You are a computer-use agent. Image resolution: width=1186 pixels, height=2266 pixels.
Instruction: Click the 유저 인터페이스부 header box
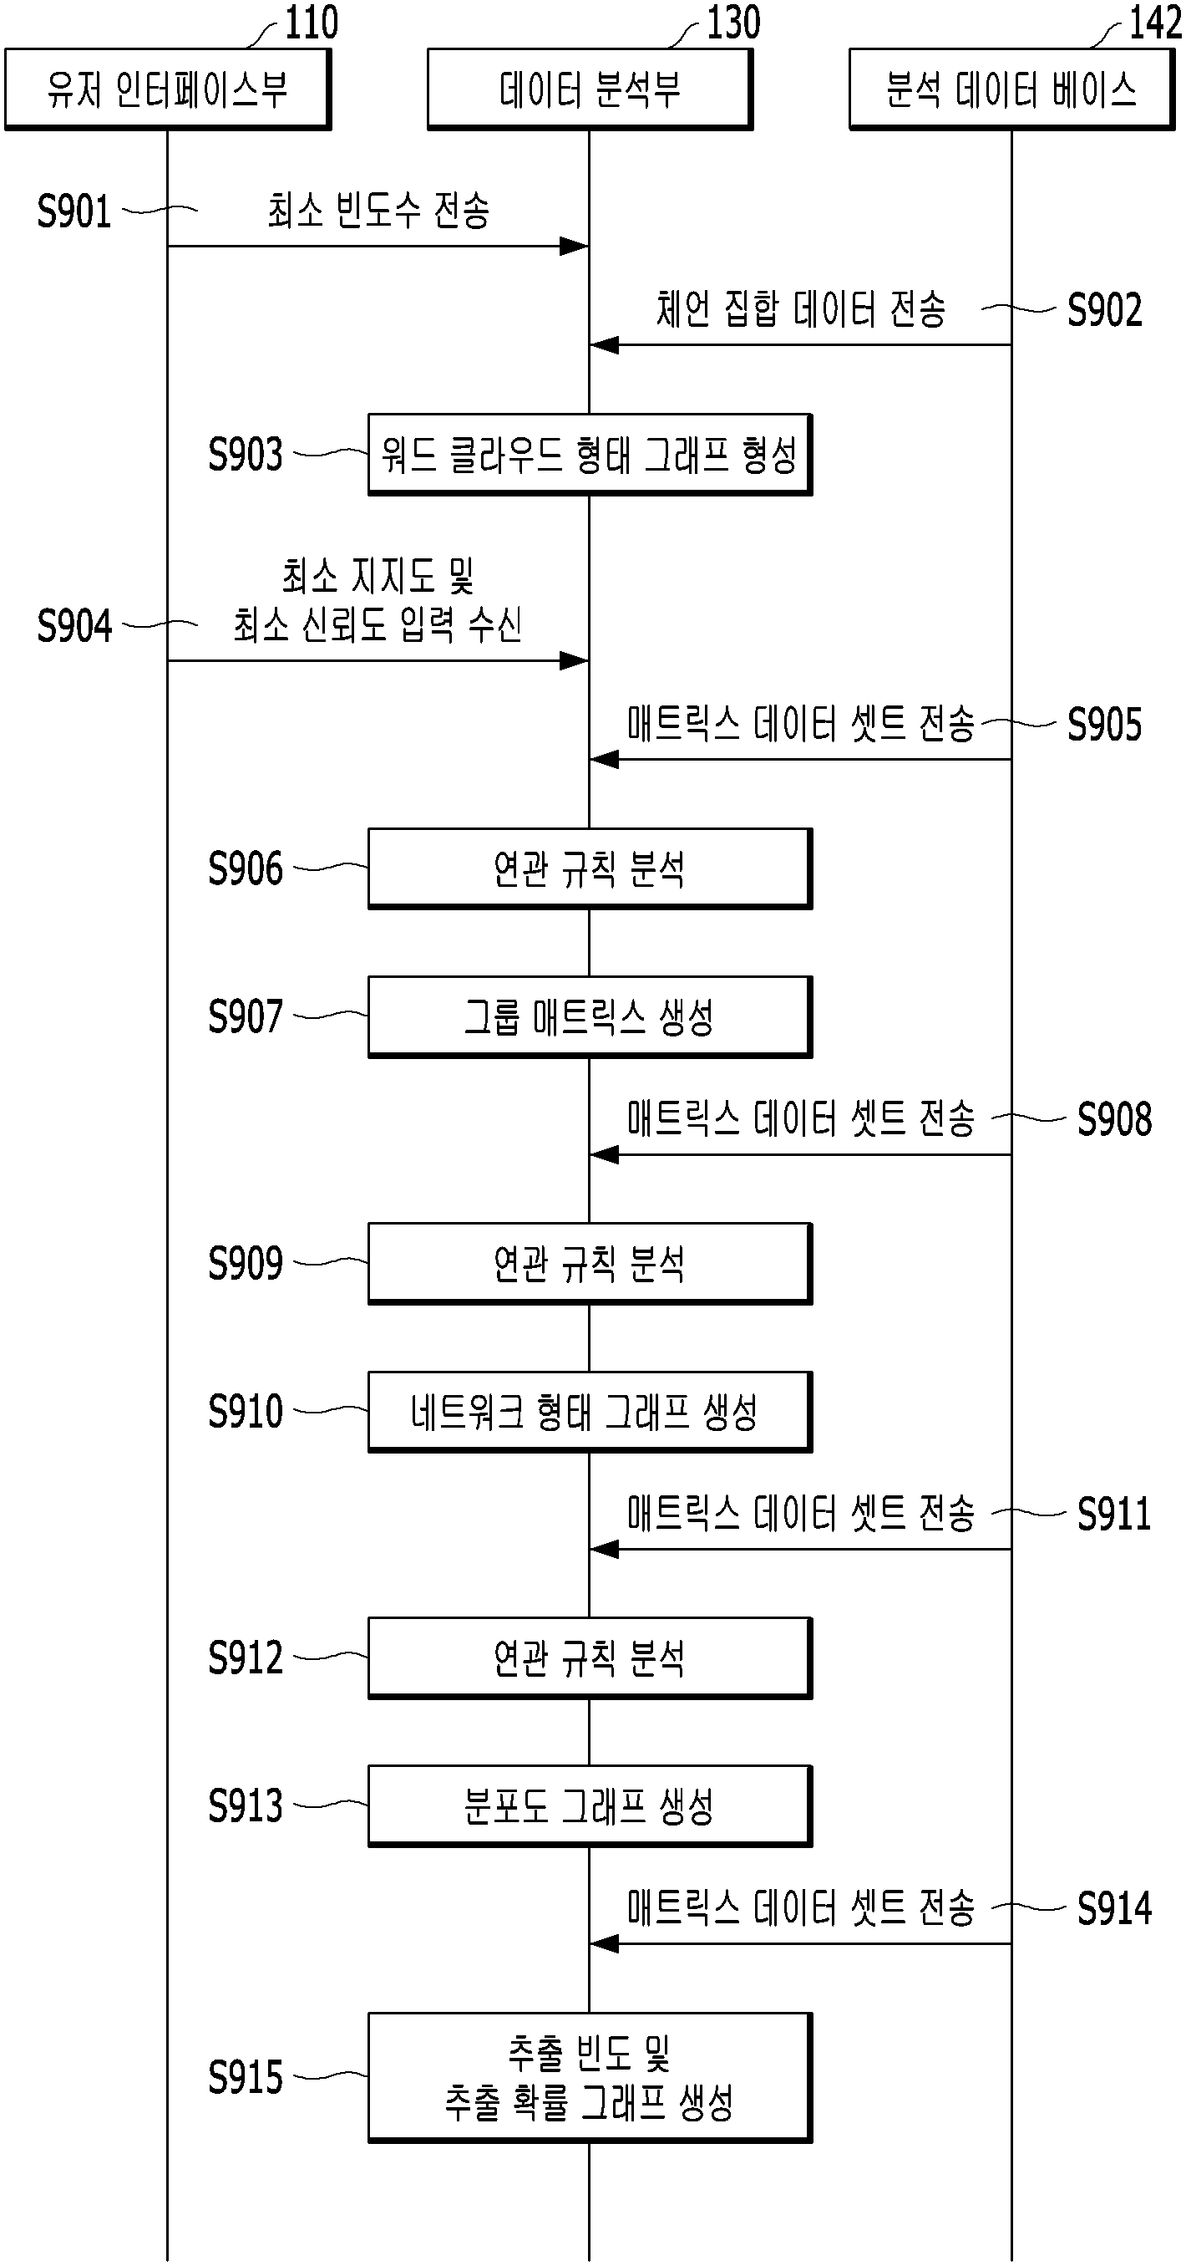point(168,89)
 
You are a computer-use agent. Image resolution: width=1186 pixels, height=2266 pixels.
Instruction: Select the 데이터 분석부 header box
point(590,89)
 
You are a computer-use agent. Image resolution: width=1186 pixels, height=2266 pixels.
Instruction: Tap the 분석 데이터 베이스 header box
point(1012,89)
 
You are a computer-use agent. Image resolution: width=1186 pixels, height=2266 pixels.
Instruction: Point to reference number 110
point(312,22)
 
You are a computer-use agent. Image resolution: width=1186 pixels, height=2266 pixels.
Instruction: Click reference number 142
point(1155,22)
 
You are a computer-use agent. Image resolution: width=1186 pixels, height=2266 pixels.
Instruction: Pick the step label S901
point(73,211)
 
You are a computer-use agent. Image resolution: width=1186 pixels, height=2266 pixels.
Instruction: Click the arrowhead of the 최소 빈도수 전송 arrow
point(575,247)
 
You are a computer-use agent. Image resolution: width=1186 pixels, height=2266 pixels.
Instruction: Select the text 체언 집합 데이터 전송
point(801,308)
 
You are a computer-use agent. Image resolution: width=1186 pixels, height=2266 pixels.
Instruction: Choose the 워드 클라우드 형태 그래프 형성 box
point(590,455)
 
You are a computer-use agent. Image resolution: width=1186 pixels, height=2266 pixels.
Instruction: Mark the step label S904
point(73,626)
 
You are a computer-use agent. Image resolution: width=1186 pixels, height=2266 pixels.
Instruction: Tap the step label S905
point(1104,725)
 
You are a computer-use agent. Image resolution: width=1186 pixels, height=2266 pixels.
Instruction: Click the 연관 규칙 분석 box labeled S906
point(590,869)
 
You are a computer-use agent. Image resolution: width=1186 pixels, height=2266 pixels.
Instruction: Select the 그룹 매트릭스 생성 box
point(590,1017)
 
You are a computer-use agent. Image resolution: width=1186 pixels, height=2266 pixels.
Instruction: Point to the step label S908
point(1115,1120)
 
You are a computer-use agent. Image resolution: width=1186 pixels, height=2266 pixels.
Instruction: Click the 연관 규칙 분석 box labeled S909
point(590,1264)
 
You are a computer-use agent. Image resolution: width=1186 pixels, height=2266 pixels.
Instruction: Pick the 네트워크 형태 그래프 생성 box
point(590,1412)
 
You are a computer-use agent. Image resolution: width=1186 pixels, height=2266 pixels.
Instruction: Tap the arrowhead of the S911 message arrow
point(604,1549)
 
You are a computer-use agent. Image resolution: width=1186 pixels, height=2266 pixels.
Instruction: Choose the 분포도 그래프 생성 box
point(590,1806)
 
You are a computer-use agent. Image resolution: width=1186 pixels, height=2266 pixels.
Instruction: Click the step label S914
point(1115,1909)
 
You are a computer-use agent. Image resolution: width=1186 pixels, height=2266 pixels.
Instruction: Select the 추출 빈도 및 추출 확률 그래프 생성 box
point(590,2077)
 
